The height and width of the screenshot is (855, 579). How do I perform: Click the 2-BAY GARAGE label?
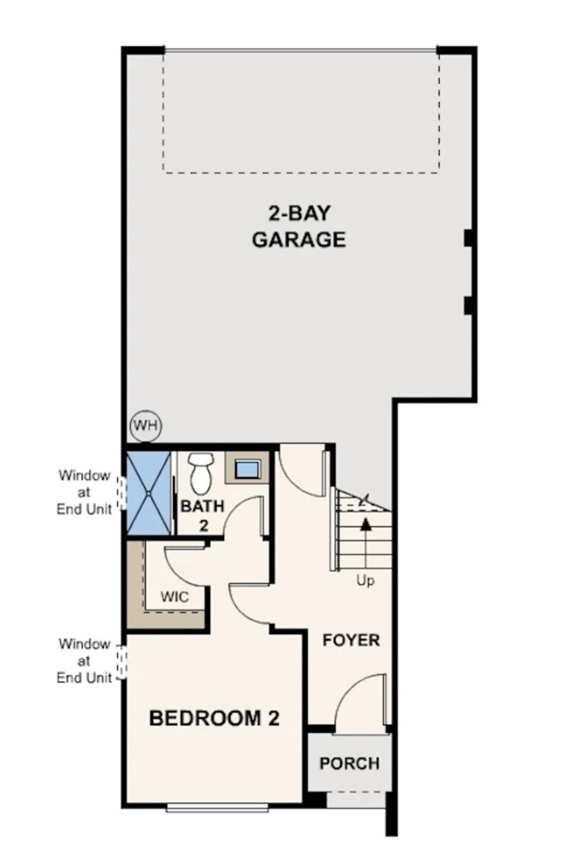pos(299,226)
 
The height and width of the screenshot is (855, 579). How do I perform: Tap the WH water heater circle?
pos(145,426)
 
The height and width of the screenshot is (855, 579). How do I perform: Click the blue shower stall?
pos(149,493)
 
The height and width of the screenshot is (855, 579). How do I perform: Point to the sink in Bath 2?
pos(247,468)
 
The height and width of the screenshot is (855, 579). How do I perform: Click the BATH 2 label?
pos(202,514)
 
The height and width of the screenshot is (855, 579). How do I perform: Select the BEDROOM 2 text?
pos(215,719)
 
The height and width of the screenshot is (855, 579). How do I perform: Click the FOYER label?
pos(351,640)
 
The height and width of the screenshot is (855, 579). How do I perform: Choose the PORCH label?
pos(349,764)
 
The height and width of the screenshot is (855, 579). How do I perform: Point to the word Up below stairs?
pos(365,581)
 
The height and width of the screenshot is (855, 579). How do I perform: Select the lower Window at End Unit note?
pos(84,661)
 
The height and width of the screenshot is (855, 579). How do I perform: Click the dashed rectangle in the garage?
pos(301,111)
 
